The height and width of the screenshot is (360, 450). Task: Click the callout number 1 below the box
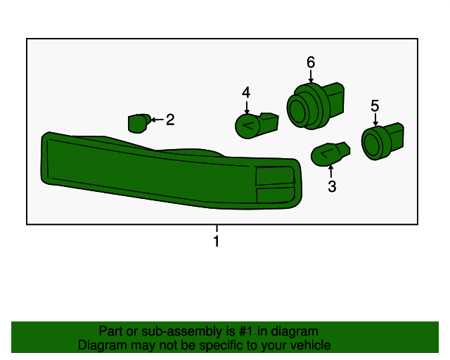(217, 240)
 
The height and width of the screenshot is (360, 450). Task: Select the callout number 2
(170, 120)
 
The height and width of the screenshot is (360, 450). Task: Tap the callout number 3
(332, 186)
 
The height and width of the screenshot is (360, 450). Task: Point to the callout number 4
(246, 93)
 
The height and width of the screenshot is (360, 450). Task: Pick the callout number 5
(375, 105)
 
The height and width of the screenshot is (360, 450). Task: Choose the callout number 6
(311, 62)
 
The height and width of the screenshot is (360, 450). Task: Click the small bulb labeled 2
(139, 124)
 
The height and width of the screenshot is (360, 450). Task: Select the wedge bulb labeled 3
(330, 153)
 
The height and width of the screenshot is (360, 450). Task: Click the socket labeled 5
(382, 141)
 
